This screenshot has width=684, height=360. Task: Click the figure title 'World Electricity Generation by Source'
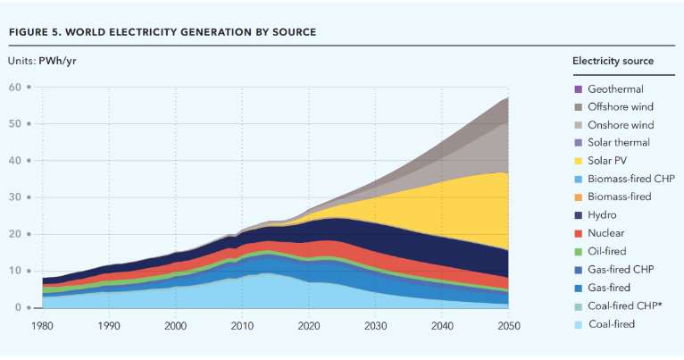[162, 32]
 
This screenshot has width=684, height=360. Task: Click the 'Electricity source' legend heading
[613, 61]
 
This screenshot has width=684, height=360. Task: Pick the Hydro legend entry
[603, 214]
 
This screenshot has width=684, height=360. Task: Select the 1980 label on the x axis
[42, 326]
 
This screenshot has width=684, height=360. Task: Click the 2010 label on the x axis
[242, 326]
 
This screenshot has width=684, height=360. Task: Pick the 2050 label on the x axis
[509, 326]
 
